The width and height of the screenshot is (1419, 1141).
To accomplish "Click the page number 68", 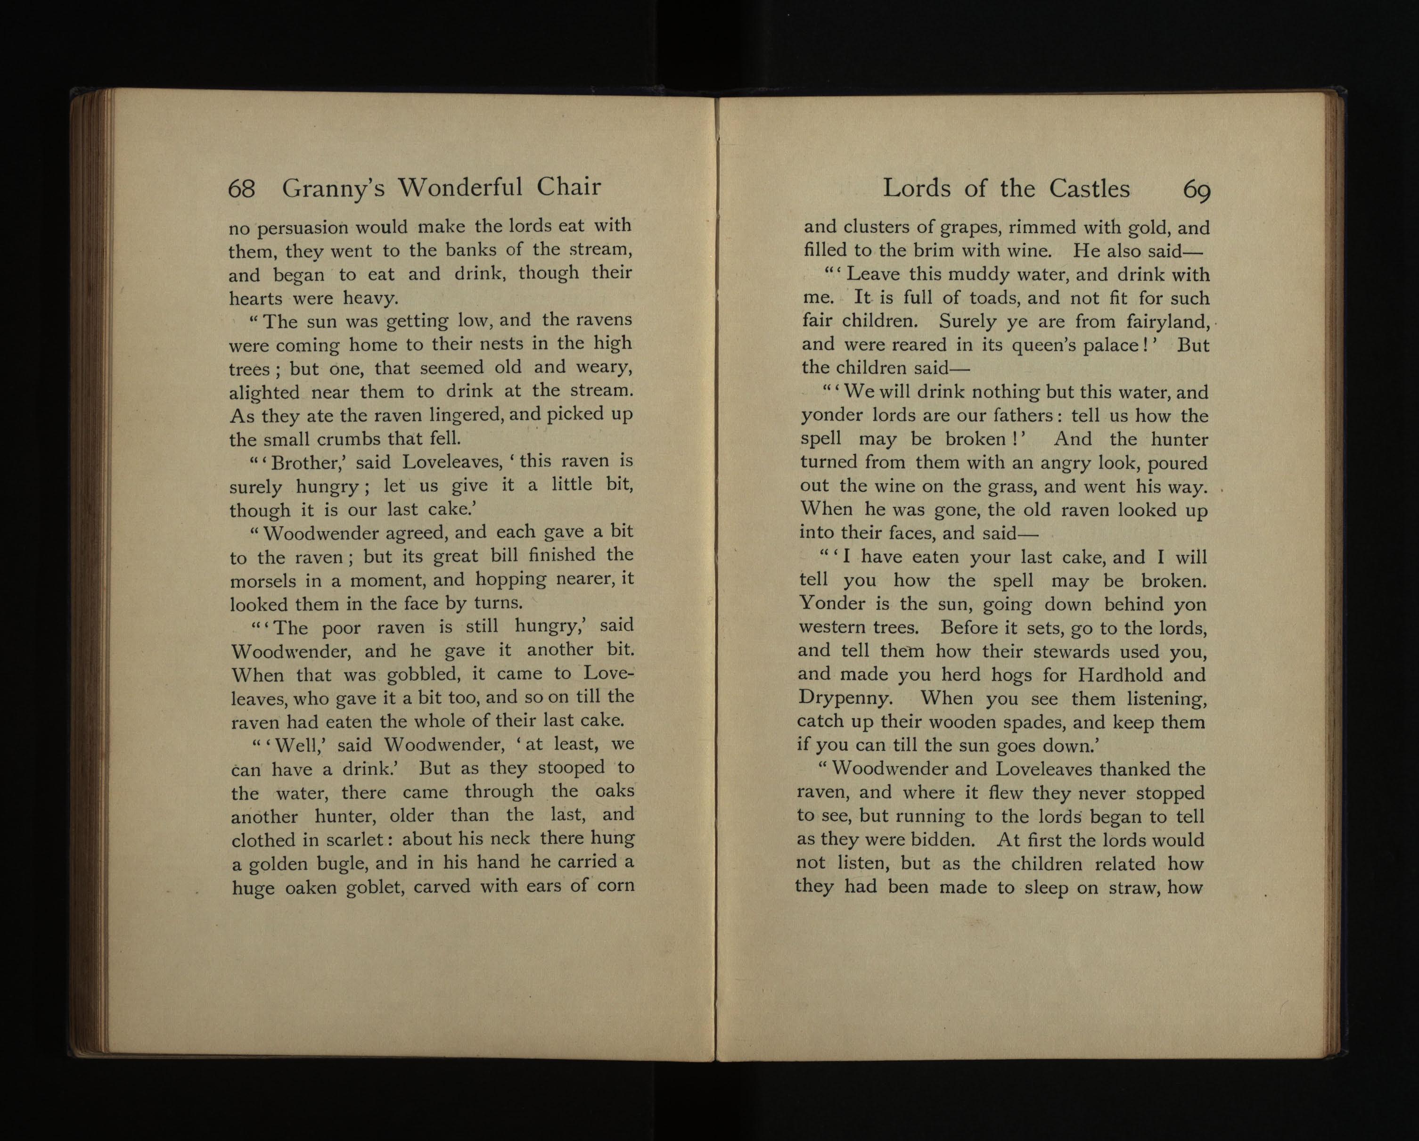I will tap(241, 189).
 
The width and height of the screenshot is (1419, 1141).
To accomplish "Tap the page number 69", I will tap(1197, 190).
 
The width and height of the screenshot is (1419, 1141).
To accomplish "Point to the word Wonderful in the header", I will tap(461, 188).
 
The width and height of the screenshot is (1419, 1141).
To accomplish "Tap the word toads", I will tap(994, 298).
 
